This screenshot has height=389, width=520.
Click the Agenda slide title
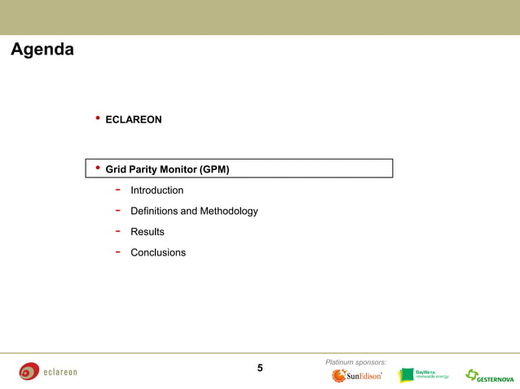pos(42,50)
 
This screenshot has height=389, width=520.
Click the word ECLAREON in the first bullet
pos(134,120)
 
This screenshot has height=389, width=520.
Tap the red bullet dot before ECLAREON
pos(98,119)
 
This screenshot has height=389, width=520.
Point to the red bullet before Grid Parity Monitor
pos(98,168)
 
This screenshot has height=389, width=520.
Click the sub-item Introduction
pos(156,190)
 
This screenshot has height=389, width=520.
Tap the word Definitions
pos(158,211)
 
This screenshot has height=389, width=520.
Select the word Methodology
pos(229,211)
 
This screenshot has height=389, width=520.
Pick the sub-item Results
pos(147,232)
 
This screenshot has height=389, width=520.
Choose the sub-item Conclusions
pos(158,252)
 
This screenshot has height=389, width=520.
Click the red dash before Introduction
pos(118,190)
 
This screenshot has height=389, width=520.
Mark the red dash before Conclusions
pos(118,251)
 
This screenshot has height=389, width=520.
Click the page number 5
pos(260,368)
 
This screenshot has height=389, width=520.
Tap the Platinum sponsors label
pos(355,361)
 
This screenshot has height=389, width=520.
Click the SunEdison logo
pos(357,376)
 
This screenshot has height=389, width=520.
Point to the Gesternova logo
pos(489,376)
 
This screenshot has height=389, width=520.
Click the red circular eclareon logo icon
pos(29,372)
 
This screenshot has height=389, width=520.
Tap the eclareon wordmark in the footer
pos(60,373)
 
